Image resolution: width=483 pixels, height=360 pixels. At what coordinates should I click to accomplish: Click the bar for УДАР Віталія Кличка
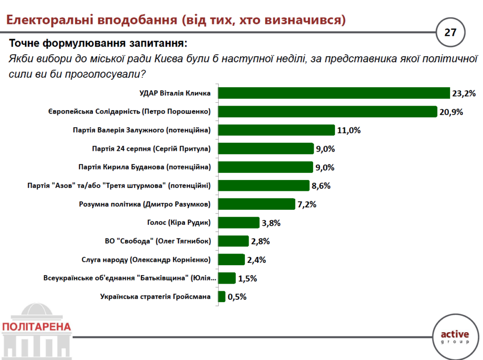point(334,93)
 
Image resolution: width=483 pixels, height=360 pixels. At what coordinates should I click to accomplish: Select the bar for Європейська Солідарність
point(328,112)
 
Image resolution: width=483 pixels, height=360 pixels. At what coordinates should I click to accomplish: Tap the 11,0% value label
point(349,130)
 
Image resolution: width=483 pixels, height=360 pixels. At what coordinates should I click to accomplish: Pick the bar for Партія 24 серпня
point(266,148)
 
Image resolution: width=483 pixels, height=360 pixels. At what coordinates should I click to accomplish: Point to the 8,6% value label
point(321,186)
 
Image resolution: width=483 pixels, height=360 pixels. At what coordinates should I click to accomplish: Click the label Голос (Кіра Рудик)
point(175,222)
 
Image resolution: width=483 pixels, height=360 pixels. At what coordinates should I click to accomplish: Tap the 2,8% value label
point(260,241)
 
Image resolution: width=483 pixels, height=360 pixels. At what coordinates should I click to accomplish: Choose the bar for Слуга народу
point(232,260)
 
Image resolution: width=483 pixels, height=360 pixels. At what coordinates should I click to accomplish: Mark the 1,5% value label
point(247,278)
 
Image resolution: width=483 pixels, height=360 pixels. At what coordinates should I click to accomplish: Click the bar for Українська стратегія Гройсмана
point(222,296)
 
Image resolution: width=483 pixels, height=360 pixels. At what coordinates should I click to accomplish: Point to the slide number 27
point(450,33)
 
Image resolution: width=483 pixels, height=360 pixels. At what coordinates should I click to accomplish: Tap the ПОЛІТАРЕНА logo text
point(36,327)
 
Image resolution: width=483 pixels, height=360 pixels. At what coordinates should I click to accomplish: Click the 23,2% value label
point(463,93)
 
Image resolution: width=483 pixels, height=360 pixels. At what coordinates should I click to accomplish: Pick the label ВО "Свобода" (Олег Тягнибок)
point(158,241)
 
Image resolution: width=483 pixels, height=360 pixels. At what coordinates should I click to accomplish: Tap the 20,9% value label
point(451,112)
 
